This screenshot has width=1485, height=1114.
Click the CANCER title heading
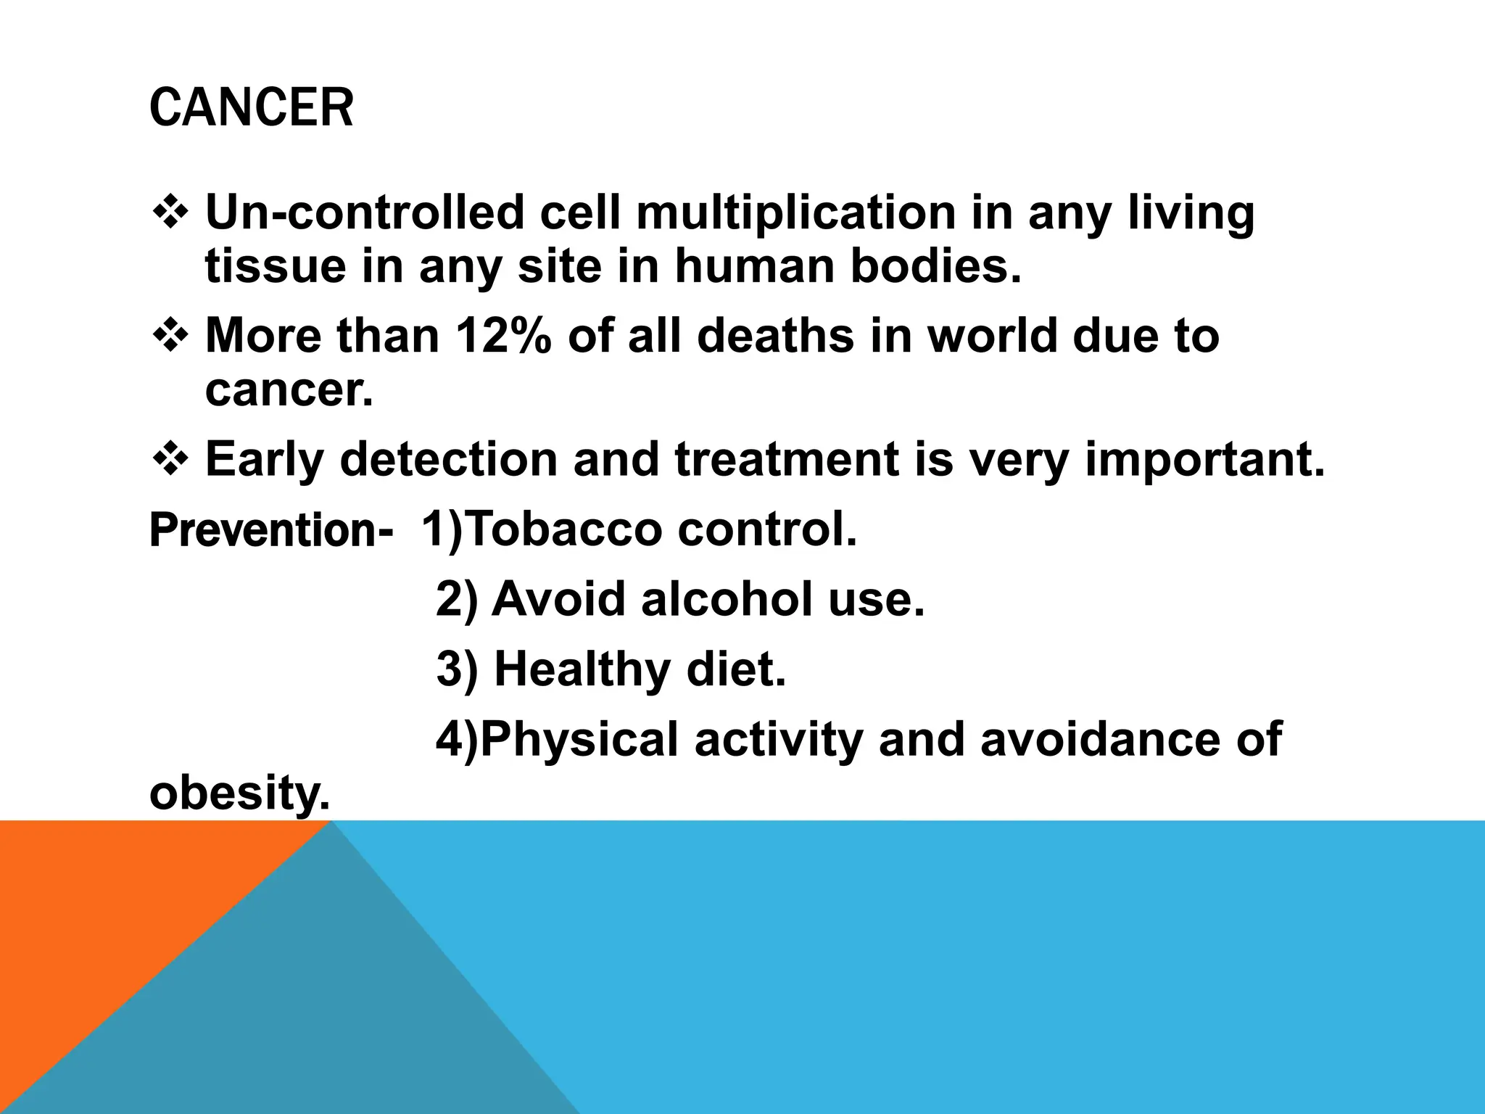point(251,108)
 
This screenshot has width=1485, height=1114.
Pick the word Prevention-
point(271,530)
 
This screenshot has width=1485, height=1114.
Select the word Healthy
point(582,669)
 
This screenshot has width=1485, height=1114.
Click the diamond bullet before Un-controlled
point(171,214)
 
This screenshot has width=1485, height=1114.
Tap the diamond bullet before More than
point(171,337)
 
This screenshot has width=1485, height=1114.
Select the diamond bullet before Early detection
point(171,461)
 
